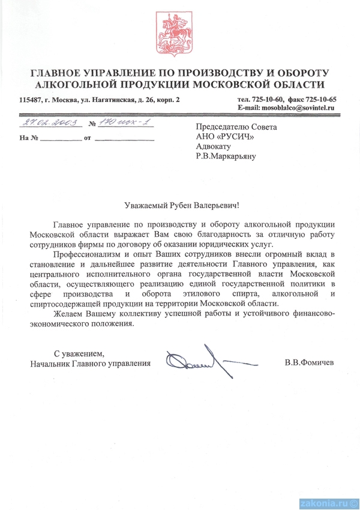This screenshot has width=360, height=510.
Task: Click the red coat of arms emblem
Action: point(179,34)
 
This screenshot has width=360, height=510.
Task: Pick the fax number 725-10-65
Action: point(320,99)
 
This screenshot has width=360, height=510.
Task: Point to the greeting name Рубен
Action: point(172,205)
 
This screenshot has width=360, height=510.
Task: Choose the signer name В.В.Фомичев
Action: point(310,363)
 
